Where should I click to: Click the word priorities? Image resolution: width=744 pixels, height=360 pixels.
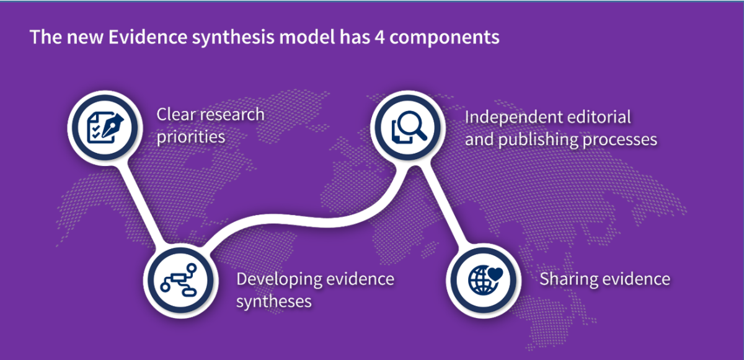(x=190, y=137)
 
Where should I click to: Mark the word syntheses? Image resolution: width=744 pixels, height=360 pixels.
(x=273, y=302)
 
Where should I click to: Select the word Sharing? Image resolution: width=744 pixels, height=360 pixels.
(x=565, y=279)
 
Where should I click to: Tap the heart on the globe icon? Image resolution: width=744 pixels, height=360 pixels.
(x=494, y=273)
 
